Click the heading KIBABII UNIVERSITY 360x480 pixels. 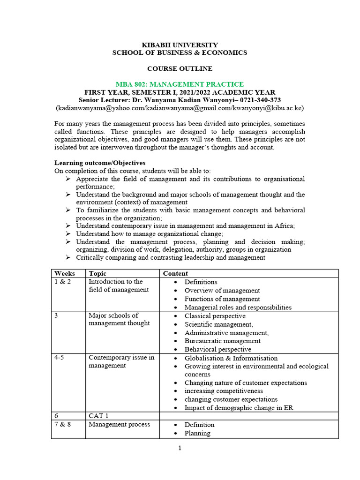(x=180, y=45)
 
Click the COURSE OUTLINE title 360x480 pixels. (x=180, y=68)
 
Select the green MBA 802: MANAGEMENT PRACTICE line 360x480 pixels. (x=180, y=84)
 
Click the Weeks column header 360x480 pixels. (x=65, y=273)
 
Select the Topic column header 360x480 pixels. (x=97, y=273)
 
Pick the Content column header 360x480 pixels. (x=175, y=273)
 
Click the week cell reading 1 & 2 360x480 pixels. (x=63, y=282)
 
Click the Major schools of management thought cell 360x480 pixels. (x=119, y=319)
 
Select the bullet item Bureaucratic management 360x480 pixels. (x=222, y=341)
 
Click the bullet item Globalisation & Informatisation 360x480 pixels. (x=231, y=358)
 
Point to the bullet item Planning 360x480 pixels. (x=197, y=433)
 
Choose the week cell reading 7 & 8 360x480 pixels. (x=63, y=424)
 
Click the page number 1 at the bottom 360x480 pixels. (x=180, y=448)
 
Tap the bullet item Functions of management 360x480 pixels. (x=222, y=299)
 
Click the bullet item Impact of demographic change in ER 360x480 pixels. (x=239, y=407)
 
